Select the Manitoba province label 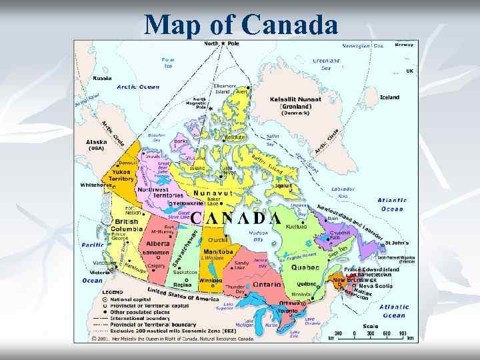tap(218, 251)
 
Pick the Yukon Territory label tap(121, 175)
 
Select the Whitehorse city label tap(94, 185)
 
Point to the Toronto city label tap(287, 311)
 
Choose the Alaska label tap(97, 142)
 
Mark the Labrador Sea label tap(343, 192)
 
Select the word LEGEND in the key tap(112, 291)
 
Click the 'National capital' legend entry tap(127, 299)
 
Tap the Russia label tap(102, 78)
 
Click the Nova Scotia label tap(376, 286)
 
